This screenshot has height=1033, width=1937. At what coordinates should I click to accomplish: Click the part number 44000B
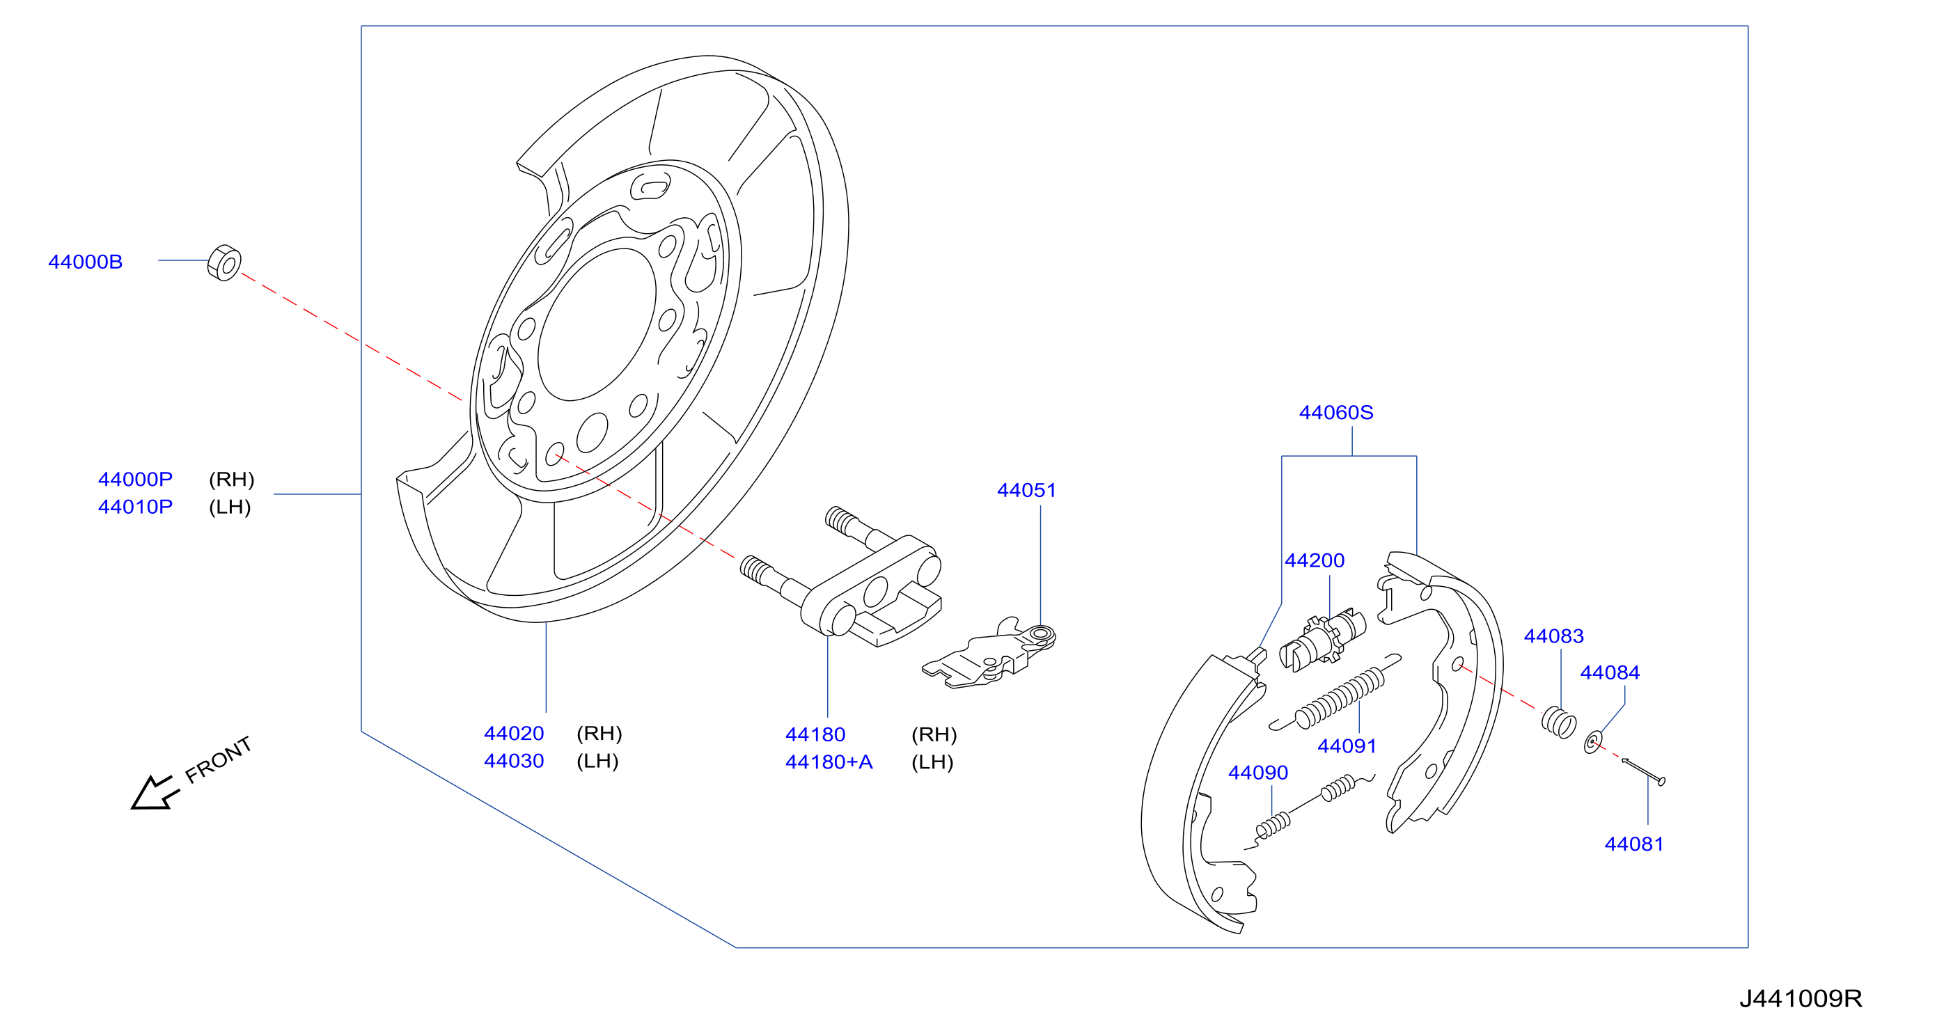(x=85, y=262)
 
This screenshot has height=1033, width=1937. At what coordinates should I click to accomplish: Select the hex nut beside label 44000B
(x=224, y=262)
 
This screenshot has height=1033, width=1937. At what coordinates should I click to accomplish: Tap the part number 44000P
(x=135, y=479)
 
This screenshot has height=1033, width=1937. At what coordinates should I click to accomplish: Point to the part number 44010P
(x=135, y=507)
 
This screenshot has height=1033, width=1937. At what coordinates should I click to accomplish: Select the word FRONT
(x=218, y=759)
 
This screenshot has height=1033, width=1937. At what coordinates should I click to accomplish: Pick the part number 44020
(x=514, y=733)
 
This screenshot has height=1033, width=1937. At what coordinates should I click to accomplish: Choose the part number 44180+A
(x=829, y=762)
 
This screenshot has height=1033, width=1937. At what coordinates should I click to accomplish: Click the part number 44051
(x=1026, y=490)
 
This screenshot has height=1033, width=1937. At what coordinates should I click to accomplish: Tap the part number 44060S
(x=1336, y=412)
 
